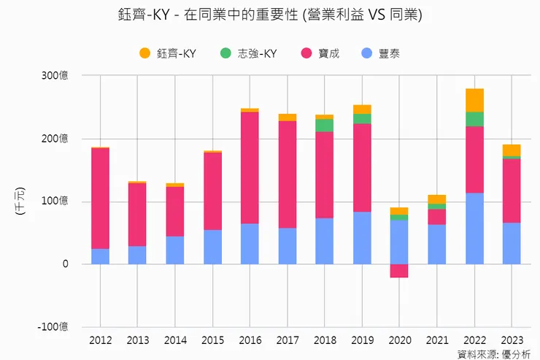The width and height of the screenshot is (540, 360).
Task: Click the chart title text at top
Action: (x=269, y=15)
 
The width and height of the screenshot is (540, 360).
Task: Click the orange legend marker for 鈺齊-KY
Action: (x=144, y=53)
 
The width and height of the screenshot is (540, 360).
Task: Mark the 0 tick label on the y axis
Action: (x=65, y=264)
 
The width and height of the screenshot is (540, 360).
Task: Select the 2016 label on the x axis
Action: (x=250, y=340)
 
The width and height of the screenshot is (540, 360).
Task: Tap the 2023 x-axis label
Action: (x=512, y=340)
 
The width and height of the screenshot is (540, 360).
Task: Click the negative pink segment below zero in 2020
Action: (x=399, y=271)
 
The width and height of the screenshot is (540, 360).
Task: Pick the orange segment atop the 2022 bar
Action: (x=474, y=100)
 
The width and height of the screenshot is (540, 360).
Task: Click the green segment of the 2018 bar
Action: (x=324, y=126)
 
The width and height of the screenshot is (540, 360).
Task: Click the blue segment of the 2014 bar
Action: (x=175, y=250)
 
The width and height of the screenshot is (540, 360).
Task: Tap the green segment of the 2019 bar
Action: (x=362, y=118)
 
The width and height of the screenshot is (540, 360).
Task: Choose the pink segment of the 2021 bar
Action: (x=436, y=217)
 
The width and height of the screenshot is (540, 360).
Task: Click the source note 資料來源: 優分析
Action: (x=493, y=354)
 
